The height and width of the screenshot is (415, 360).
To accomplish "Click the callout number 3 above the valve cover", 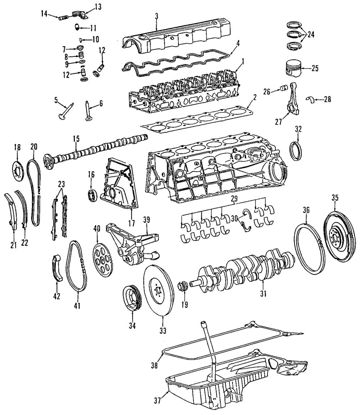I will tap(157, 16).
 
